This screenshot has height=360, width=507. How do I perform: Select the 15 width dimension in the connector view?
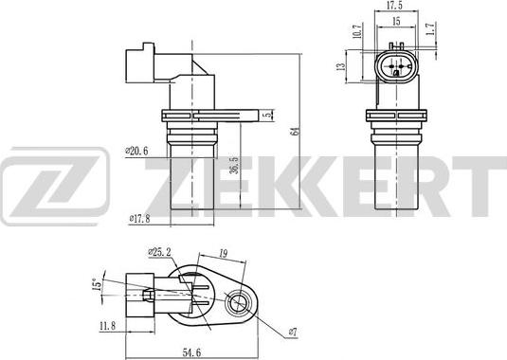pyautogui.click(x=396, y=21)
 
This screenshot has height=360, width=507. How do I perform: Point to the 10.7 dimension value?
pyautogui.click(x=356, y=30)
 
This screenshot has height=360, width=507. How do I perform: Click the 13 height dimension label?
pyautogui.click(x=341, y=66)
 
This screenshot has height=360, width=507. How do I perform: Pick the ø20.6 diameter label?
pyautogui.click(x=136, y=151)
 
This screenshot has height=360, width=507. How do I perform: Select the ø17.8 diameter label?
pyautogui.click(x=139, y=219)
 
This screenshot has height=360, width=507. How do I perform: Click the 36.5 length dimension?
pyautogui.click(x=234, y=166)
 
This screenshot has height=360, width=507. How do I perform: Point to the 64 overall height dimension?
pyautogui.click(x=295, y=131)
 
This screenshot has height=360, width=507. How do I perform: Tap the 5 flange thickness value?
pyautogui.click(x=268, y=116)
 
